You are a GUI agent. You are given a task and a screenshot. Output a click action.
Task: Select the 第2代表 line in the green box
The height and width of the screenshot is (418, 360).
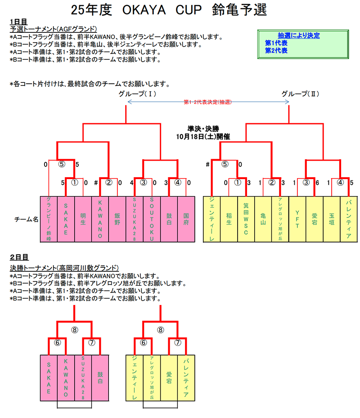276,50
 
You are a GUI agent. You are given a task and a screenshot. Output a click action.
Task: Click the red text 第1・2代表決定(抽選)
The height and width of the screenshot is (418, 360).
207,102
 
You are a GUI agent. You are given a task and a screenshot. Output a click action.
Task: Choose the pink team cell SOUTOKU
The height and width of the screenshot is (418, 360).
152,220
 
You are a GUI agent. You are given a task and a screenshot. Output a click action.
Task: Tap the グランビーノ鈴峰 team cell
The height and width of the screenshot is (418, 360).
49,220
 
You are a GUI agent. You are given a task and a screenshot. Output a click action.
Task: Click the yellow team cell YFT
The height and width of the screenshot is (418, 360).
297,220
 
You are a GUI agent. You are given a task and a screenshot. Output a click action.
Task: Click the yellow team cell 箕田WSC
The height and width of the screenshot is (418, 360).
246,220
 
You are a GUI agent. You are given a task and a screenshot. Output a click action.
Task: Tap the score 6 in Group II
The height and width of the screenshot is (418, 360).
318,183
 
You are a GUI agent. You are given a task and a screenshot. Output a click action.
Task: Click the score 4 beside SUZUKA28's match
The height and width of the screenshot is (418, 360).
132,183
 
